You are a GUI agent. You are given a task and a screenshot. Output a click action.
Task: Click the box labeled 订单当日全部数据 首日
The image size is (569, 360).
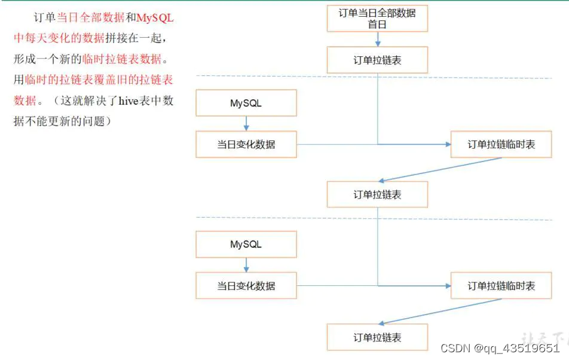tap(377, 18)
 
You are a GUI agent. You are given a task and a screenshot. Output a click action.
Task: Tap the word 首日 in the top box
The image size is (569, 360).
tap(377, 25)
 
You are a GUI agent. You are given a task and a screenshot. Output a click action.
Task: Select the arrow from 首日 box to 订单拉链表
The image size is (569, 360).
tap(377, 39)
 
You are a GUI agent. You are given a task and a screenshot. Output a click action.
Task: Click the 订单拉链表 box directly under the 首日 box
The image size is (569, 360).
tap(377, 60)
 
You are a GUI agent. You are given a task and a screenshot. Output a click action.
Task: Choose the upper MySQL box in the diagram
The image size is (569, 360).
tap(246, 103)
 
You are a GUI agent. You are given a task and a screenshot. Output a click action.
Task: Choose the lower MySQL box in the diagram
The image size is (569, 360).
tap(246, 245)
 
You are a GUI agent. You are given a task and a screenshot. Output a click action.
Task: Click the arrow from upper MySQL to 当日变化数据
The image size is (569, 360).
tap(246, 124)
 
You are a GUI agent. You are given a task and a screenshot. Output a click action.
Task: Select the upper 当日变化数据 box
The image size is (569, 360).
tap(246, 145)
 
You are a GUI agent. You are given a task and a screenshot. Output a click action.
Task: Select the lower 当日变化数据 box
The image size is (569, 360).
tap(246, 286)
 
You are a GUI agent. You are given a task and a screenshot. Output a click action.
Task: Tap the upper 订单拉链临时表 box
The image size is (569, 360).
tap(501, 145)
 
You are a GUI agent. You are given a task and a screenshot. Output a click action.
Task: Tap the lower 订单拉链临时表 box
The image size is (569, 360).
tap(501, 286)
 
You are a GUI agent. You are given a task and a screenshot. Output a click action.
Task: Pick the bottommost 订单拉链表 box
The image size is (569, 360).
tap(377, 337)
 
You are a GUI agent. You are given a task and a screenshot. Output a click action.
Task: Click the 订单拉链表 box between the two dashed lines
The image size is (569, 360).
tap(377, 195)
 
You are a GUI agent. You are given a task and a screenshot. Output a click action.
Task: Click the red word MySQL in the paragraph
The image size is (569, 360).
tap(155, 18)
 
